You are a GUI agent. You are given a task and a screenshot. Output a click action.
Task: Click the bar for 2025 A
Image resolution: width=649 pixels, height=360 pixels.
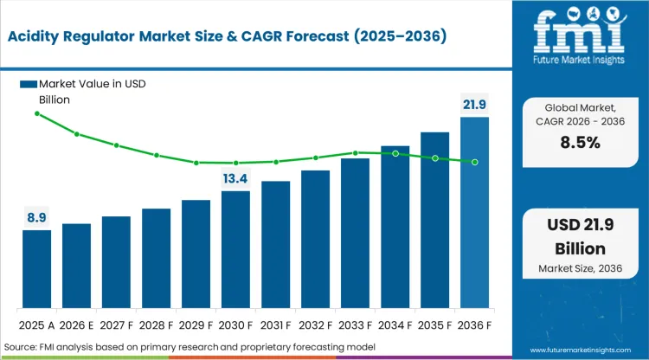[x=36, y=269]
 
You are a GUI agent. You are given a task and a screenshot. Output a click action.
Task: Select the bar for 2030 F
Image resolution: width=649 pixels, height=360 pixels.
[x=235, y=249]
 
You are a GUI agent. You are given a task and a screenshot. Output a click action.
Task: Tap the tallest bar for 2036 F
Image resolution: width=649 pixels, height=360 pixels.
[x=474, y=212]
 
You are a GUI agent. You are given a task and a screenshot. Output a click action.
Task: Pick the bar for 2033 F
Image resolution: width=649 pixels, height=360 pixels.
[x=355, y=233]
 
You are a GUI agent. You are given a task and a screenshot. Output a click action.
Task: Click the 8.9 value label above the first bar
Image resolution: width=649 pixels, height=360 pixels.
[x=36, y=217]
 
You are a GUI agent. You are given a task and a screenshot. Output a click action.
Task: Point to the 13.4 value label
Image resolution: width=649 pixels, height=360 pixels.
[x=235, y=178]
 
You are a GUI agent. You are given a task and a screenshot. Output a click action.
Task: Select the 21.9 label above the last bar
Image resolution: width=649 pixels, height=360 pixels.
[x=474, y=104]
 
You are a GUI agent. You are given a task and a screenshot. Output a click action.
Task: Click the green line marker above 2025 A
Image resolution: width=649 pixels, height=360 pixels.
[x=36, y=113]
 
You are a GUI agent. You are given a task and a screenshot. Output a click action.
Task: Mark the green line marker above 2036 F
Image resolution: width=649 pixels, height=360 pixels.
[x=474, y=162]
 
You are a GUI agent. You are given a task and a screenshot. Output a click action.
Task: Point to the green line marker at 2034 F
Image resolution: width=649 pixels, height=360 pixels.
[x=395, y=153]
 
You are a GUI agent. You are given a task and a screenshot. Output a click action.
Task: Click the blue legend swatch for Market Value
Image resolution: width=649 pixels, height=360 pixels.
[x=28, y=84]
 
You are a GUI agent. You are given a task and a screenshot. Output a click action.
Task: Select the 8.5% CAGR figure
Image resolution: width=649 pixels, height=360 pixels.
[x=577, y=144]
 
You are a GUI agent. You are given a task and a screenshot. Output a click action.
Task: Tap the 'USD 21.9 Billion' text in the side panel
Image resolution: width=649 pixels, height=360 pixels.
[x=577, y=236]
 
